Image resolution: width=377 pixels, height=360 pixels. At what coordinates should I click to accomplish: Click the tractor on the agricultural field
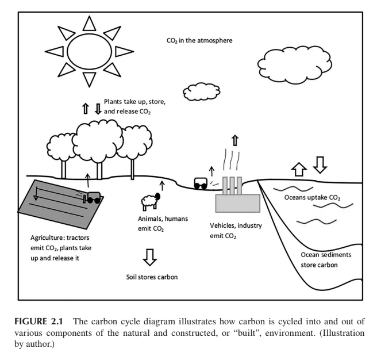(92, 198)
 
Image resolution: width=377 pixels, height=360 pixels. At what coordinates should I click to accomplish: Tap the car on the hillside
(201, 183)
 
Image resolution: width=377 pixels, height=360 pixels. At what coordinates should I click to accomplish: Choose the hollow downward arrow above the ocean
(319, 165)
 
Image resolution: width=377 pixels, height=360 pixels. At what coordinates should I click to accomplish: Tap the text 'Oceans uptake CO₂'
(313, 198)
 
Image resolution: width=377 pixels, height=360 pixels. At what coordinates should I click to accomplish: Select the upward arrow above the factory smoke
(234, 140)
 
